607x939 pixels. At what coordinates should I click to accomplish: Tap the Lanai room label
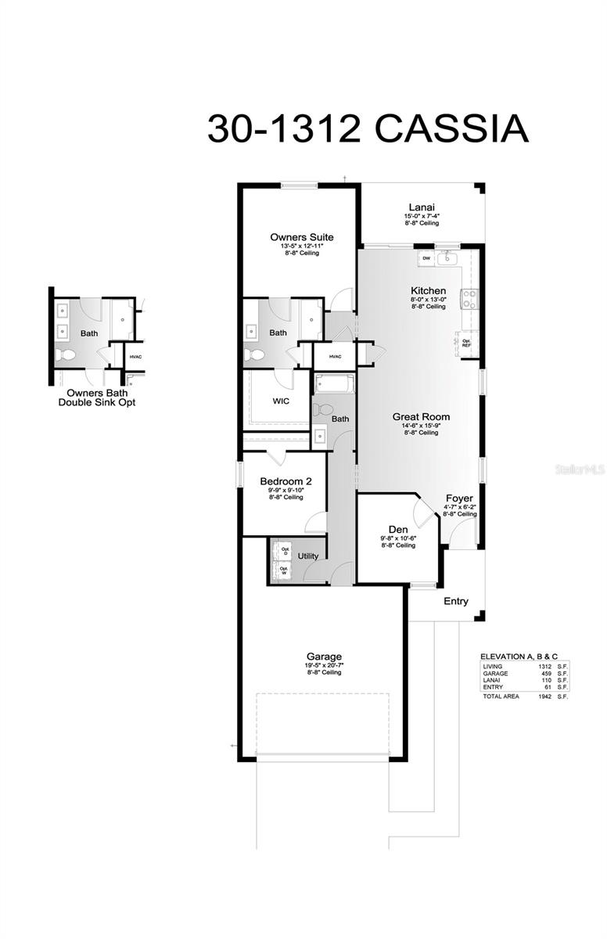pyautogui.click(x=422, y=207)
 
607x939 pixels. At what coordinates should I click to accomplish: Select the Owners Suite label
pyautogui.click(x=301, y=237)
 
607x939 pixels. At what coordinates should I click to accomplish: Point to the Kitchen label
pyautogui.click(x=429, y=290)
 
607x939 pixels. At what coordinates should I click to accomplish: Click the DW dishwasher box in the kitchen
pyautogui.click(x=426, y=257)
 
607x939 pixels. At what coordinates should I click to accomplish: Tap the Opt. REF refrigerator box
pyautogui.click(x=466, y=342)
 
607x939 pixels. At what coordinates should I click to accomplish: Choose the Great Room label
pyautogui.click(x=421, y=417)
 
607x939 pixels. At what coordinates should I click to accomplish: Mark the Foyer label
pyautogui.click(x=459, y=498)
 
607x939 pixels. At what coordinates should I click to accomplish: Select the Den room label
pyautogui.click(x=398, y=530)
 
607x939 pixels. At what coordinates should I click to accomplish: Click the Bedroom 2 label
pyautogui.click(x=286, y=481)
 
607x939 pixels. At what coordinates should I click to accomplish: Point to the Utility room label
pyautogui.click(x=308, y=556)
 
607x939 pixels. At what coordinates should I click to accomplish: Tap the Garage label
pyautogui.click(x=323, y=657)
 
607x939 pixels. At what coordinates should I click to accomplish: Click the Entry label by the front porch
pyautogui.click(x=456, y=602)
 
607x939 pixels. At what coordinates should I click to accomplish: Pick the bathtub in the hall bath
pyautogui.click(x=334, y=383)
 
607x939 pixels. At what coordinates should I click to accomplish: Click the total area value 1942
pyautogui.click(x=546, y=696)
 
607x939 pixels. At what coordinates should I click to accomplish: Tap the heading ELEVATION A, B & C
pyautogui.click(x=523, y=657)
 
